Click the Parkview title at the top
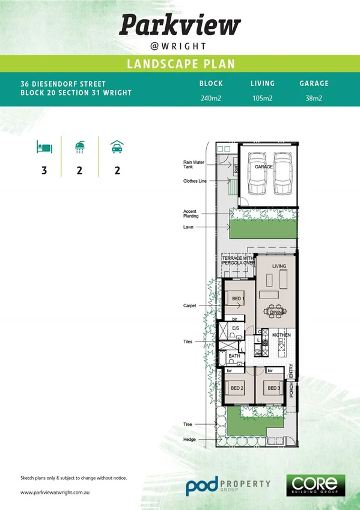pos(180,25)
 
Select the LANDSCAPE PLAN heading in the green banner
pos(180,64)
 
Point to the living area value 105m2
pos(263,98)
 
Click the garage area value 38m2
pos(314,98)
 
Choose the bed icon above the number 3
pos(44,147)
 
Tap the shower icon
pos(79,147)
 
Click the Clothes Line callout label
pos(195,181)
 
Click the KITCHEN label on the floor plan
pos(281,334)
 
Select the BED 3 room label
pos(274,388)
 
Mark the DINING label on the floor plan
pos(277,313)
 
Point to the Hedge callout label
pos(189,440)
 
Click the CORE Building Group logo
pos(317,485)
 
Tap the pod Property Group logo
pos(227,486)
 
